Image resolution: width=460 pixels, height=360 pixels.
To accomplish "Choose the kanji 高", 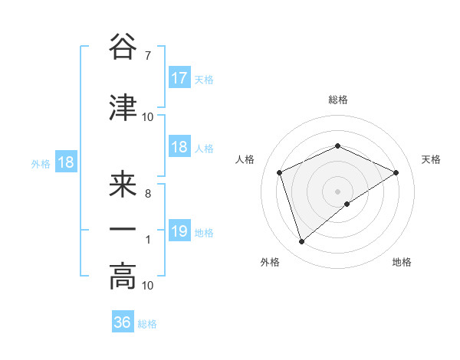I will [123, 277].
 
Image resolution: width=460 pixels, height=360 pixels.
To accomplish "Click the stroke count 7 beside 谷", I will [147, 55].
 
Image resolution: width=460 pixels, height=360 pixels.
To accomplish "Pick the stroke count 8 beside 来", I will [147, 193].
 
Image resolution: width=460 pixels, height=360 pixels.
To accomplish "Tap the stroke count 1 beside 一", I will [147, 240].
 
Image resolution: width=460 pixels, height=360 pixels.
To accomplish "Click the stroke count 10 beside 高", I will [148, 286].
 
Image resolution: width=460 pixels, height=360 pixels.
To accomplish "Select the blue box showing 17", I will [179, 78].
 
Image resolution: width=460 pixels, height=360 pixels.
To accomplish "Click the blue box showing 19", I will [179, 232].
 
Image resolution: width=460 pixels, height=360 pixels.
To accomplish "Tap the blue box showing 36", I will [123, 322].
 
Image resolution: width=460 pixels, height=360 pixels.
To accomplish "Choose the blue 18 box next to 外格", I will [66, 162].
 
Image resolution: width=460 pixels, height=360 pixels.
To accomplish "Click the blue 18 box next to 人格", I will [179, 148].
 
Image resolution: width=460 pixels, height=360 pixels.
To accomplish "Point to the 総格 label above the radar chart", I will [338, 100].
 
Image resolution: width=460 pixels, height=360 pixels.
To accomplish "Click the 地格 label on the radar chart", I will [402, 262].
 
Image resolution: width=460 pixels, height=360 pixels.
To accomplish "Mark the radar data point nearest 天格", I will [396, 172].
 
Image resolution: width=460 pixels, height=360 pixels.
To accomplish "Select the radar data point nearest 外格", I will [301, 242].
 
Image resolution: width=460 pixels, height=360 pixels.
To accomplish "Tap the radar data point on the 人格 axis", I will [280, 172].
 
